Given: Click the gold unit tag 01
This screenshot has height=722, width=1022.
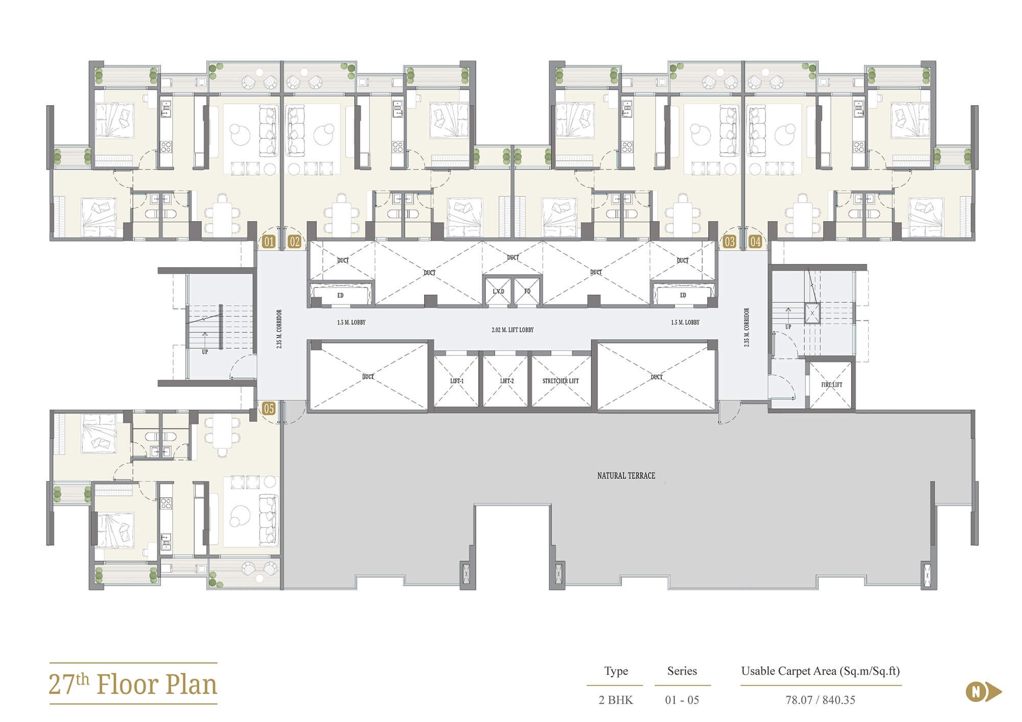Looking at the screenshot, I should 269,242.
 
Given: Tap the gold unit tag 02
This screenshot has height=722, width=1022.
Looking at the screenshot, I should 294,242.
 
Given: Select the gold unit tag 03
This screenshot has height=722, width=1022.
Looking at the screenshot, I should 730,242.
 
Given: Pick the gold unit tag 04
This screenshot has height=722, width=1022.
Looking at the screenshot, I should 755,242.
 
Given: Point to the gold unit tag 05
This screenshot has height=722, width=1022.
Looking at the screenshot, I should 269,408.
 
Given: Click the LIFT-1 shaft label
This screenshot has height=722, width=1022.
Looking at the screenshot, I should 457,381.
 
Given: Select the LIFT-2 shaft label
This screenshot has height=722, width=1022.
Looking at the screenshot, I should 506,381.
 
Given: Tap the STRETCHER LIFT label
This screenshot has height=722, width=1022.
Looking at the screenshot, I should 561,381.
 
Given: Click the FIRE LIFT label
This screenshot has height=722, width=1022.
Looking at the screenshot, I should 831,384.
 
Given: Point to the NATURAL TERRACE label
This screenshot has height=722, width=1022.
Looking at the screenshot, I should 626,475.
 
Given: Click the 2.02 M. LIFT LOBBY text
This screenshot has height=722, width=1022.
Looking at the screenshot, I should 513,330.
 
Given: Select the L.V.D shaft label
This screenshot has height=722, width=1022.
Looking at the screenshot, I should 498,292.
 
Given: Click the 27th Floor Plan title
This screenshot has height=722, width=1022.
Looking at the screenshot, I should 133,685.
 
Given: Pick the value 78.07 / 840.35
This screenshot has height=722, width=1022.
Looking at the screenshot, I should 820,700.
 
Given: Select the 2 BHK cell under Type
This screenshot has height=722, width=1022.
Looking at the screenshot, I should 616,700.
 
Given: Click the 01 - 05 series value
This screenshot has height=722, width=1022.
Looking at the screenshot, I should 682,700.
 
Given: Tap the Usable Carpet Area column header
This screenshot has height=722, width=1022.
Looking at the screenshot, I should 820,671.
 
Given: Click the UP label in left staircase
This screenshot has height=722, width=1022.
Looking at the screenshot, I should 205,352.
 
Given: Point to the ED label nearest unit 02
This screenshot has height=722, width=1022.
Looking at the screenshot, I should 340,296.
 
